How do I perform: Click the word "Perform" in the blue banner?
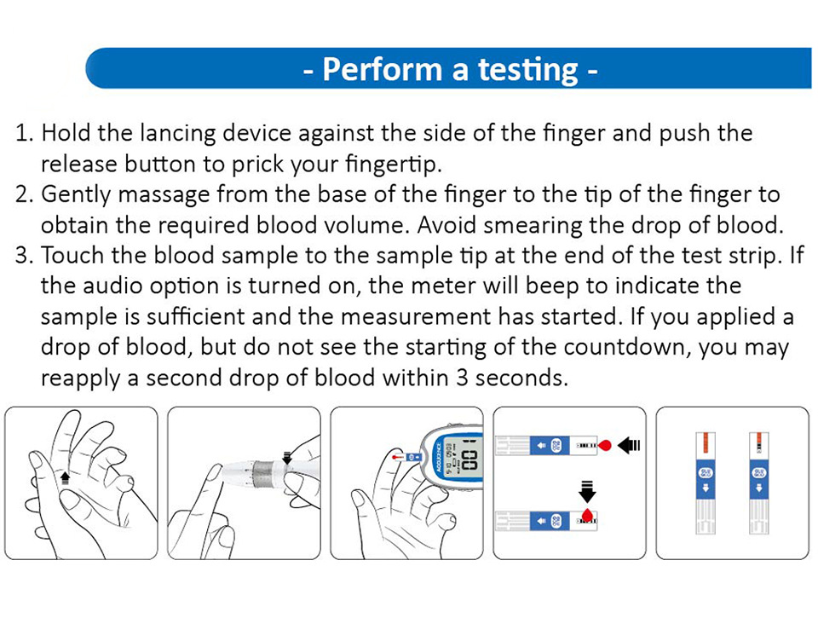383,69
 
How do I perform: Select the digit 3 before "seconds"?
462,378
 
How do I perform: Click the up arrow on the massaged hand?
65,477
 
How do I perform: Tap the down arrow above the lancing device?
287,457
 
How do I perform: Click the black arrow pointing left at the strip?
629,446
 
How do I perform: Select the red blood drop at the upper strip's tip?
604,446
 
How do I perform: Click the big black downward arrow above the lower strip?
587,492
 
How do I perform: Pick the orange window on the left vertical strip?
706,443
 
